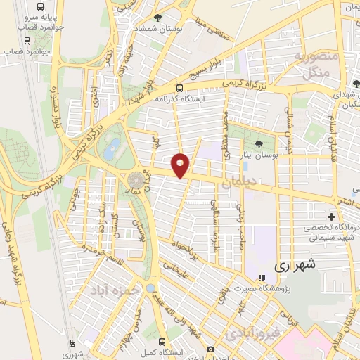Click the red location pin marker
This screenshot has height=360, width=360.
(x=181, y=165)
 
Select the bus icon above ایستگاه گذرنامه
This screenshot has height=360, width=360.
(x=180, y=89)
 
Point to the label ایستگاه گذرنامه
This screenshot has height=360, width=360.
(x=181, y=99)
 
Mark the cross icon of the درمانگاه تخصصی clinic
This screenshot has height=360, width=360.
(x=331, y=216)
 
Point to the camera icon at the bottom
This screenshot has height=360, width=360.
(x=210, y=349)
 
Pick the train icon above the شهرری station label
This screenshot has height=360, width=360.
(x=72, y=343)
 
